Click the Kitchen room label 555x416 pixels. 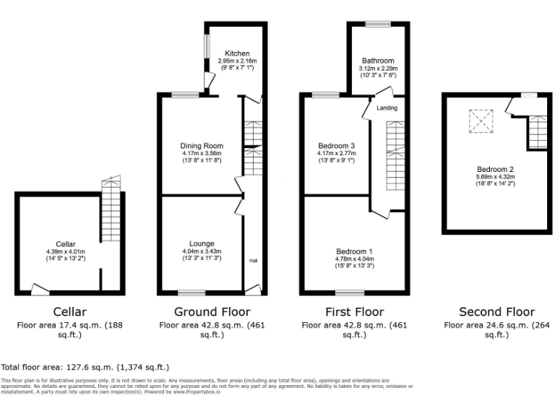(x=237, y=54)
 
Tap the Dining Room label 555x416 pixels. (x=202, y=146)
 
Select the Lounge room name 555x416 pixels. (x=202, y=243)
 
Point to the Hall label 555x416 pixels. (x=254, y=261)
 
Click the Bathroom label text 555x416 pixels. (x=378, y=61)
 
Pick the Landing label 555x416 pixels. (x=387, y=108)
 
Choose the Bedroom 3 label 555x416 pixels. (x=336, y=146)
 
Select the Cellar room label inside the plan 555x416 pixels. (x=66, y=243)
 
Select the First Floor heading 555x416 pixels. (x=354, y=312)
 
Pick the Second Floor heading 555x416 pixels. (x=496, y=312)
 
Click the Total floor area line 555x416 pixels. (x=85, y=367)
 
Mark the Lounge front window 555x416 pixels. (x=192, y=292)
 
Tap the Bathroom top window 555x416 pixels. (x=378, y=24)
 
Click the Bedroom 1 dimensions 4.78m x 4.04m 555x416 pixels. (x=355, y=259)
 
